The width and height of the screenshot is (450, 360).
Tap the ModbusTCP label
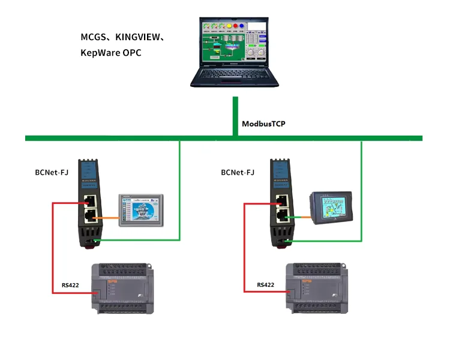264,124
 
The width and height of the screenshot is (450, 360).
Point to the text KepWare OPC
111,53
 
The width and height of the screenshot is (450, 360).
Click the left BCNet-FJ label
52,173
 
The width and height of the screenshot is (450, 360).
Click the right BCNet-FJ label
238,173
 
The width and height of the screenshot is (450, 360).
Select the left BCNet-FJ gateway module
91,203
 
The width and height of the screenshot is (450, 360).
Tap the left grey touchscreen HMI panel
141,210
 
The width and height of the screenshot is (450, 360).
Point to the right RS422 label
266,285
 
